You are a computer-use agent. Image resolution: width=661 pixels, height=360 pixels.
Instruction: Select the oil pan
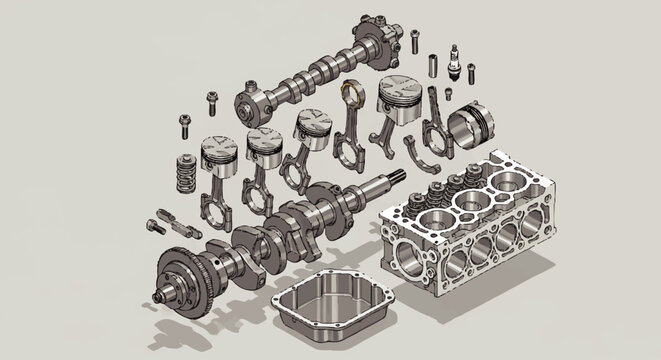(333, 303)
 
